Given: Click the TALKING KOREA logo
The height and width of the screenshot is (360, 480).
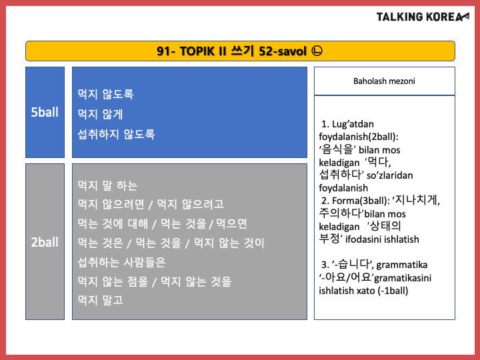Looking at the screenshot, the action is click(x=423, y=17).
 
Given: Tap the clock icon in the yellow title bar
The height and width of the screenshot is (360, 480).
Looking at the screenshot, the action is click(x=317, y=51).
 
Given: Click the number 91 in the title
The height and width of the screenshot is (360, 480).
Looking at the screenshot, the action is click(x=164, y=51).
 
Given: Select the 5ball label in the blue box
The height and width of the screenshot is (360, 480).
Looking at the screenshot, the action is click(x=45, y=112).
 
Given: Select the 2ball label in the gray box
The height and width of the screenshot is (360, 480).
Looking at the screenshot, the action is click(x=45, y=242).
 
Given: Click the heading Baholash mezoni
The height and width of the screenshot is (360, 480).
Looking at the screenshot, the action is click(x=384, y=81).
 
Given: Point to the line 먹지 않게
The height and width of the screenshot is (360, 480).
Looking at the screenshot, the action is click(x=100, y=114).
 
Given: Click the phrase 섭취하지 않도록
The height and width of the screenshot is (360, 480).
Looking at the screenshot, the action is click(x=116, y=134).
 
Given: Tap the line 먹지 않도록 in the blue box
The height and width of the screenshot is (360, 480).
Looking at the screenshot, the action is click(x=105, y=94).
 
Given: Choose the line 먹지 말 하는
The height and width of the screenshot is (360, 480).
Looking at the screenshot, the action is click(x=107, y=185).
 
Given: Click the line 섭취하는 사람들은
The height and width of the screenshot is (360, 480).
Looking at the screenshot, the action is click(x=121, y=262).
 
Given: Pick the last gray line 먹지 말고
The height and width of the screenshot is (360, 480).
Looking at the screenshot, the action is click(x=100, y=300).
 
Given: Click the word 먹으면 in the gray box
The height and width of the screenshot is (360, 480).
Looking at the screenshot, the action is click(x=231, y=224).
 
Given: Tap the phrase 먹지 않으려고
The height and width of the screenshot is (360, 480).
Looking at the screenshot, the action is click(x=190, y=204).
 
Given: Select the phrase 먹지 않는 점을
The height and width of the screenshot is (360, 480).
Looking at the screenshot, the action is click(x=113, y=281).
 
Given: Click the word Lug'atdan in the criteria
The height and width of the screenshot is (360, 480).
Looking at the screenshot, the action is click(x=353, y=124).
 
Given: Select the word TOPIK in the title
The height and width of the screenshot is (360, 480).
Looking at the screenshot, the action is click(x=197, y=51).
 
